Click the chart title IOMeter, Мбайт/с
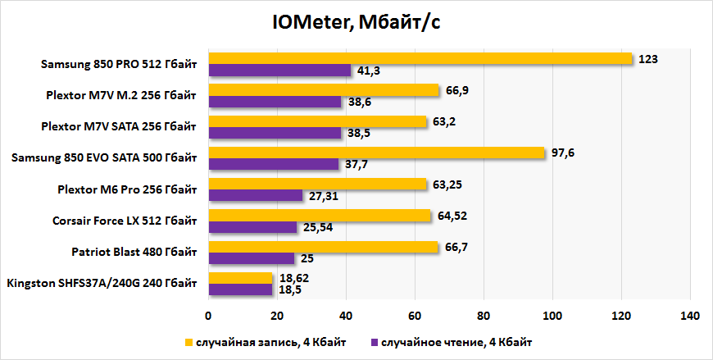(x=356, y=23)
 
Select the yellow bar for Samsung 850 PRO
(x=420, y=58)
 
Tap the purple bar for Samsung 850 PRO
(x=279, y=71)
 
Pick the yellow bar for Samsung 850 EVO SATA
(x=376, y=153)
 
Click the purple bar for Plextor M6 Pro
(x=256, y=196)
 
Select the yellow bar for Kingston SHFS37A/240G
(x=240, y=278)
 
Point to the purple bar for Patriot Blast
(x=252, y=258)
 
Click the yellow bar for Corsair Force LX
(x=320, y=216)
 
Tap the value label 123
(x=649, y=58)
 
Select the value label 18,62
(x=292, y=278)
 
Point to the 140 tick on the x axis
(x=690, y=316)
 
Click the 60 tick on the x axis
(x=415, y=316)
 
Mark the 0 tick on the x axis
(x=208, y=316)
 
